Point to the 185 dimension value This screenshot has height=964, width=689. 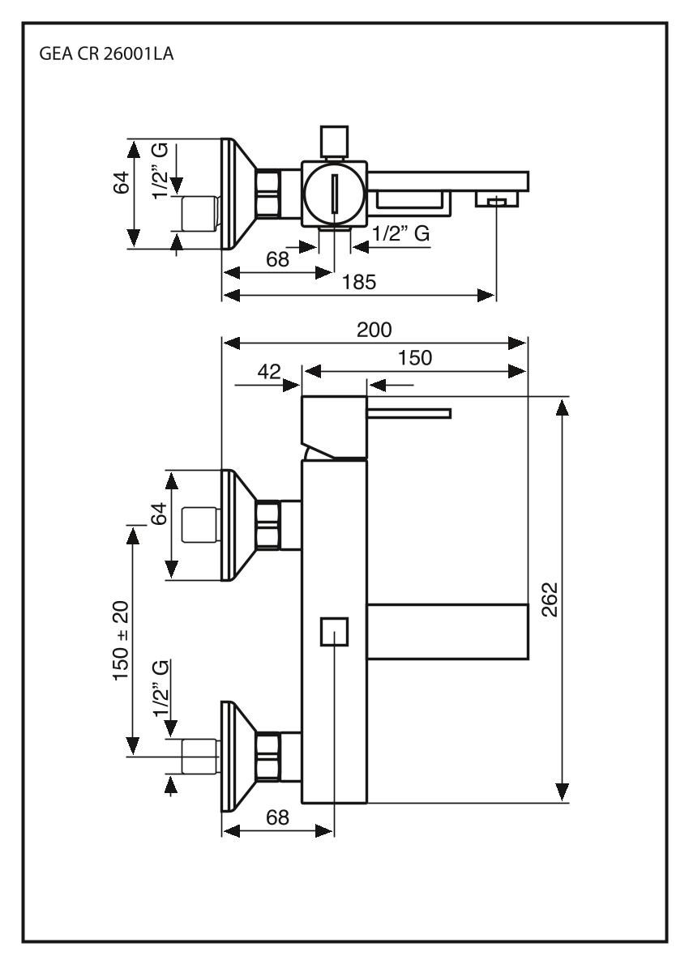(x=359, y=282)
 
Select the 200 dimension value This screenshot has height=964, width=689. (x=374, y=329)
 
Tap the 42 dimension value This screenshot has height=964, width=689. (x=268, y=372)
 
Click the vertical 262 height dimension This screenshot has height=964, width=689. (x=550, y=599)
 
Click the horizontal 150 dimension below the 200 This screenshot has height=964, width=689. (x=415, y=357)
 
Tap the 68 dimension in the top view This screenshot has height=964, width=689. (x=278, y=260)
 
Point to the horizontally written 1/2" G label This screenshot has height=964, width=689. (x=400, y=234)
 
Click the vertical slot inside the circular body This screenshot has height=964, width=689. (x=334, y=195)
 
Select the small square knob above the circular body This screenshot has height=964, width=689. (x=334, y=141)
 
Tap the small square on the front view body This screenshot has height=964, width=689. (x=334, y=632)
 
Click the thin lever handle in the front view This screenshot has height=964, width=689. (x=409, y=414)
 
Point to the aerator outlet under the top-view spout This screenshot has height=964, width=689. (x=494, y=200)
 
